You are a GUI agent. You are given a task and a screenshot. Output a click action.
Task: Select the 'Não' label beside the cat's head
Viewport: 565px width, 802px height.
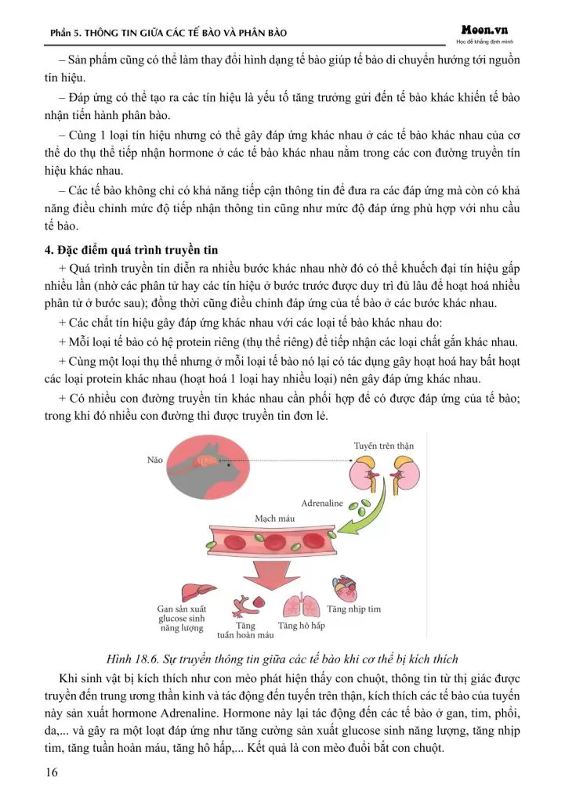click(x=154, y=460)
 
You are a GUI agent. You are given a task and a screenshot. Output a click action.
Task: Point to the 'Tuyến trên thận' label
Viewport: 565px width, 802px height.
click(x=384, y=446)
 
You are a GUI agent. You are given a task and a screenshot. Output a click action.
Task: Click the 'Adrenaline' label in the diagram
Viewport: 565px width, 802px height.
click(x=322, y=503)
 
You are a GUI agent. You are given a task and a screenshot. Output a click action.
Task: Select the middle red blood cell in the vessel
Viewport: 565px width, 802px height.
click(x=276, y=542)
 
